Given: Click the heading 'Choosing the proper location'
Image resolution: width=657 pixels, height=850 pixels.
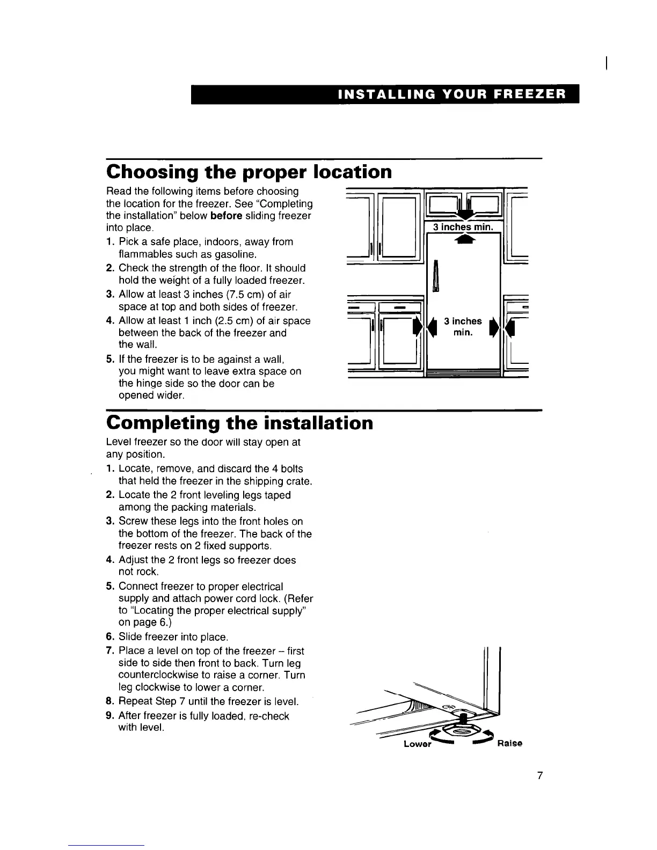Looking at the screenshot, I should click(x=249, y=172).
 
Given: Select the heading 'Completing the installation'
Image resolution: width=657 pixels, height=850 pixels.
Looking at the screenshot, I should click(x=239, y=423).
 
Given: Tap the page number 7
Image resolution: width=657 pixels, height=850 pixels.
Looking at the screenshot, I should click(x=540, y=775).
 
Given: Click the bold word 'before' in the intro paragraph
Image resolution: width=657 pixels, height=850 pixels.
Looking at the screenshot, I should click(x=228, y=216).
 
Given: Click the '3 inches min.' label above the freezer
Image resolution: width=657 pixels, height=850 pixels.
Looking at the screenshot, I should click(x=463, y=227).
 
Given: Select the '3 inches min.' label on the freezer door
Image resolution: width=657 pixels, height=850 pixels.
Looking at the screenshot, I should click(x=463, y=327).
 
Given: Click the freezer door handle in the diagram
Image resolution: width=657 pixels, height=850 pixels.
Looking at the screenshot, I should click(x=436, y=276).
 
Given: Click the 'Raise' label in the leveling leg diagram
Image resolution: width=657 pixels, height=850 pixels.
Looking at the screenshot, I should click(x=510, y=743).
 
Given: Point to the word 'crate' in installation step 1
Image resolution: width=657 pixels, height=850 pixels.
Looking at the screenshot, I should click(x=297, y=481).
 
